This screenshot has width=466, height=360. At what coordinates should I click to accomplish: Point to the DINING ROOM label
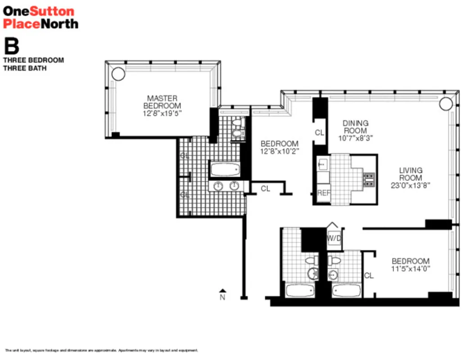(355, 126)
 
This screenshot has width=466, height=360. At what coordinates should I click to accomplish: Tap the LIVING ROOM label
(411, 174)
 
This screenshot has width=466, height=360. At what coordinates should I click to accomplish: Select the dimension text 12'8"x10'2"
(280, 152)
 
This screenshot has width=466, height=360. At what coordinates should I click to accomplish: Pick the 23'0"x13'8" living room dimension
(411, 185)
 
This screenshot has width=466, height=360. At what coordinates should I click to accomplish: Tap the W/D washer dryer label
(333, 238)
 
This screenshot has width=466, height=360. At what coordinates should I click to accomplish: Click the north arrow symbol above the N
(222, 290)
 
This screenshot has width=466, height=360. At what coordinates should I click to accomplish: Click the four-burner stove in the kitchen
(369, 179)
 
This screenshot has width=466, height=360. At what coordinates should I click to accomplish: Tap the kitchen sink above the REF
(322, 165)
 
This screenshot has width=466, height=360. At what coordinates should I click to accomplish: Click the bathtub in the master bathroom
(225, 170)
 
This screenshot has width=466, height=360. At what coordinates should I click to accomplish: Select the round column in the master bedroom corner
(118, 73)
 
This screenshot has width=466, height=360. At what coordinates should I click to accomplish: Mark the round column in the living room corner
(445, 103)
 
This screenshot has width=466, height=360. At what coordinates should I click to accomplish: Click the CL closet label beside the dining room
(319, 133)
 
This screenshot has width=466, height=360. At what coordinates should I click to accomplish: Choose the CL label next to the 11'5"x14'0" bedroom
(369, 276)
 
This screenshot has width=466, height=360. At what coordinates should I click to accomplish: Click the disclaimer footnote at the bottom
(101, 350)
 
